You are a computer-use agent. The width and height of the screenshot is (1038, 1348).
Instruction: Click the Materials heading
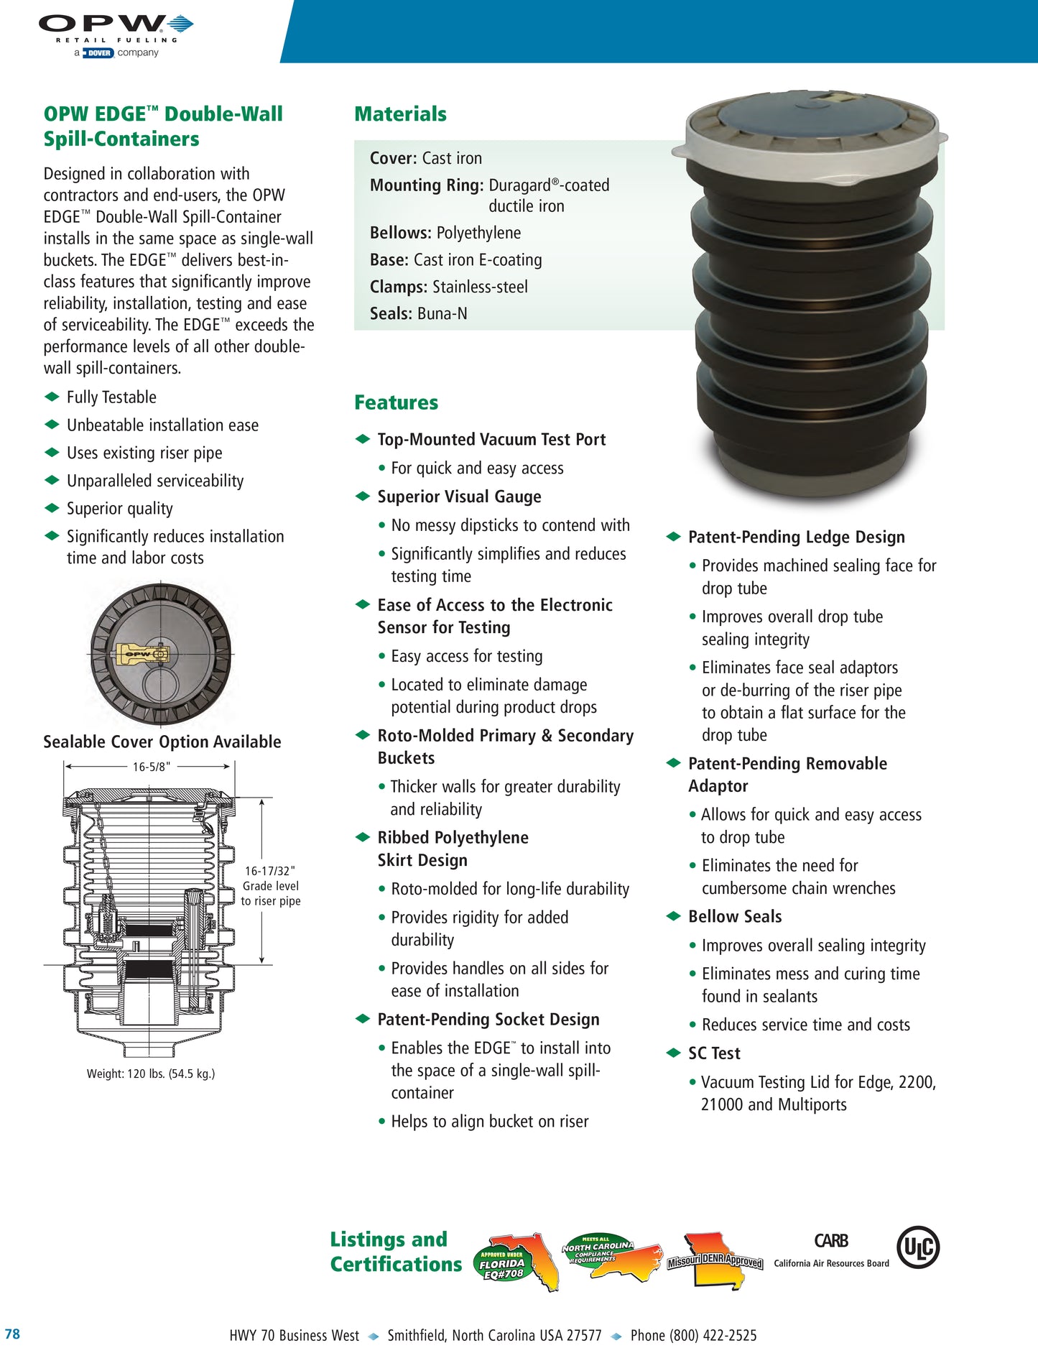[x=400, y=114]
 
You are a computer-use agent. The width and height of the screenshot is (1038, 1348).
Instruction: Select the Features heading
[x=396, y=402]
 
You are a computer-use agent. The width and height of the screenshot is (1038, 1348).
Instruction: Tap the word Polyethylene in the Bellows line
[x=478, y=233]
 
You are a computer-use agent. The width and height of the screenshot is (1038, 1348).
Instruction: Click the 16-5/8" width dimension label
[x=152, y=767]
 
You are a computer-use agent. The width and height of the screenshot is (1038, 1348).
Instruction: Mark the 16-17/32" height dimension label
[x=270, y=871]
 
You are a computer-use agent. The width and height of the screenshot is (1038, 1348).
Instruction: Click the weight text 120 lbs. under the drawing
[x=151, y=1074]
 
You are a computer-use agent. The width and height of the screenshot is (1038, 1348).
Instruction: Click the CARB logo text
[x=831, y=1241]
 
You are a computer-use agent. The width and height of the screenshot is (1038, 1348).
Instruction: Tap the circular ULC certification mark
[x=918, y=1248]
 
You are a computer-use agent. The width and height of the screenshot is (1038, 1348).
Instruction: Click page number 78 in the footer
[x=12, y=1334]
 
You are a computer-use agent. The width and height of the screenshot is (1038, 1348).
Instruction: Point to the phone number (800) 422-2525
[x=693, y=1335]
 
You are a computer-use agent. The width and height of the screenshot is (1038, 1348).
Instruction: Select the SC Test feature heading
[x=714, y=1053]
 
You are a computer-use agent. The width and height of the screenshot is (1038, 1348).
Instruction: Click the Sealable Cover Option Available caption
[x=162, y=742]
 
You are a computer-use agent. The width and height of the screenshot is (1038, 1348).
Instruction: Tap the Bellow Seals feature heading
[x=735, y=917]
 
